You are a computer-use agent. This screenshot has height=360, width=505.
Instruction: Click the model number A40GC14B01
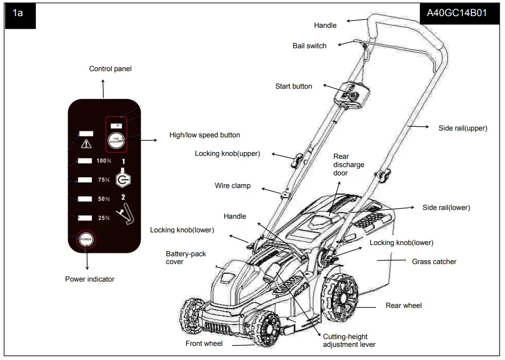[x=456, y=13]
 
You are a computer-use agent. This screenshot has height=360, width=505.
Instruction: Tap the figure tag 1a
[x=18, y=13]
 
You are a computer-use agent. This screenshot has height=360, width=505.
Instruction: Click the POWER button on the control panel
[x=86, y=239]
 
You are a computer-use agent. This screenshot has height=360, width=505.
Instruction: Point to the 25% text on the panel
[x=104, y=218]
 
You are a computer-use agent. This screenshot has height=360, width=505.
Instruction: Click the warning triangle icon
[x=86, y=144]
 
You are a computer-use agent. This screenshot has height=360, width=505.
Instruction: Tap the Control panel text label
[x=110, y=69]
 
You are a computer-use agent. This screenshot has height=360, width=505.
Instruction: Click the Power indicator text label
[x=90, y=279]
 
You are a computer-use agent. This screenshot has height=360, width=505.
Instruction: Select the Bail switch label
[x=309, y=46]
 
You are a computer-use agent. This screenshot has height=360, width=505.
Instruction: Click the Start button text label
[x=294, y=86]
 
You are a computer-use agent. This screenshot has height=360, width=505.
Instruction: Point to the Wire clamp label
[x=233, y=186]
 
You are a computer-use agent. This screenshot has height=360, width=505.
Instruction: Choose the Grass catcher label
[x=434, y=262]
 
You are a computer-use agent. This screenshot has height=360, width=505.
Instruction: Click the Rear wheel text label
[x=403, y=305]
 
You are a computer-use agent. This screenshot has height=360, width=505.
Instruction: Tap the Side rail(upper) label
[x=463, y=128]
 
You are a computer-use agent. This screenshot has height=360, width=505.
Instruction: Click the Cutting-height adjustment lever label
[x=349, y=341]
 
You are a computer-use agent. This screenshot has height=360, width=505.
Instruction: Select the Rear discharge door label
[x=348, y=165]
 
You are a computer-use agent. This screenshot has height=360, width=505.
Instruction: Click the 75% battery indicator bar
[x=85, y=180]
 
